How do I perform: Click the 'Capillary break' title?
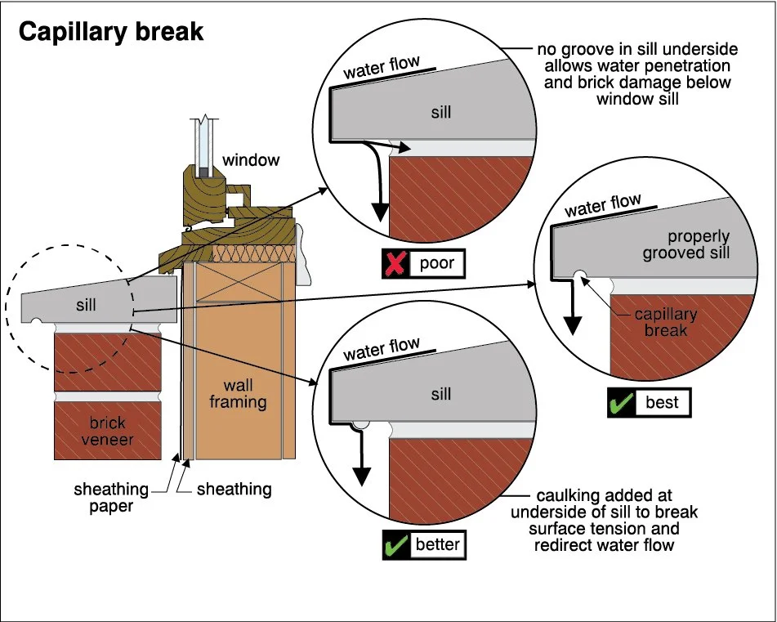(x=111, y=32)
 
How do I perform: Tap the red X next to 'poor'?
(x=395, y=263)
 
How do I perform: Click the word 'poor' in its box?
(x=436, y=263)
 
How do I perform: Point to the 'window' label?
(x=251, y=160)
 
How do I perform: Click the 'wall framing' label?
(x=238, y=393)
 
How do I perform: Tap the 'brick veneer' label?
(x=108, y=432)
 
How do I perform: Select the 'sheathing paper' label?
(x=111, y=498)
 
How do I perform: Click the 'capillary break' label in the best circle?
(x=666, y=322)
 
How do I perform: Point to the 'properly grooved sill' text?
(x=686, y=244)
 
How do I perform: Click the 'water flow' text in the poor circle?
(x=381, y=67)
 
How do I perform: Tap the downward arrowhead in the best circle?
(x=573, y=325)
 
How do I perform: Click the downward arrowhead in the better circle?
(x=362, y=477)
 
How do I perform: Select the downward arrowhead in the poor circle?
(x=380, y=213)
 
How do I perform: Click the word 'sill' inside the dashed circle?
(x=86, y=305)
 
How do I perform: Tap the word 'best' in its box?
(x=662, y=402)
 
